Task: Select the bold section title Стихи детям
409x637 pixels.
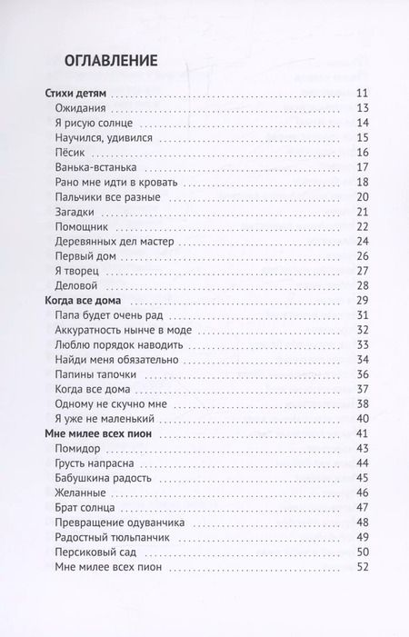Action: coord(75,94)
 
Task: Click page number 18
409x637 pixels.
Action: coord(361,182)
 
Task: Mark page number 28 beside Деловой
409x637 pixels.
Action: coord(361,285)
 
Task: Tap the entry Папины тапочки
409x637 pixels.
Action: coord(96,373)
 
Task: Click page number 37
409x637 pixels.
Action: coord(361,389)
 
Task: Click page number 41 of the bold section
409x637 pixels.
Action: coord(361,433)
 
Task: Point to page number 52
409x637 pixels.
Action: coord(361,566)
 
